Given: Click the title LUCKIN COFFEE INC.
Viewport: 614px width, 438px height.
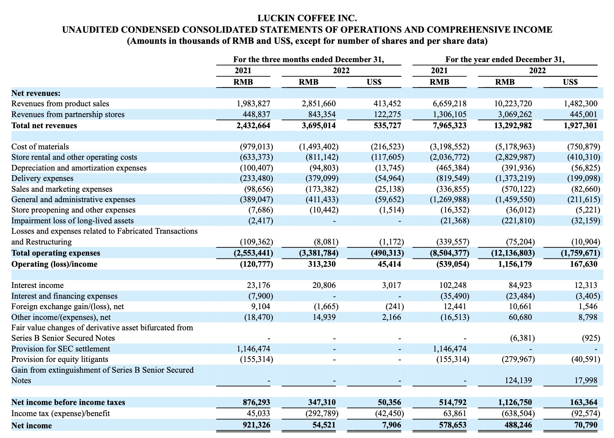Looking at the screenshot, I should (307, 18).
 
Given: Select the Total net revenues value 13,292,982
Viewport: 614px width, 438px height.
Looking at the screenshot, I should (511, 125).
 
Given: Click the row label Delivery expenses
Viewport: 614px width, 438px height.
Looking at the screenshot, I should (42, 178).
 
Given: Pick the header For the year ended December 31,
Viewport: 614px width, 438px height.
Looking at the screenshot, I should (505, 59).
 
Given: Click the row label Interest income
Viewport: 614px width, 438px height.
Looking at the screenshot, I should (37, 285).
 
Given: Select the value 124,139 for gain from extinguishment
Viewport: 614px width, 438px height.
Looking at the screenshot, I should (517, 380).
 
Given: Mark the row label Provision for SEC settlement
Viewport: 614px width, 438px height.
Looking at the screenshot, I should (61, 349).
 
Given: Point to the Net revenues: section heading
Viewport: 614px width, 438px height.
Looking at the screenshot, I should (36, 93).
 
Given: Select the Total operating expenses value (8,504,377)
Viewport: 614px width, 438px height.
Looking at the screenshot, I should (449, 253).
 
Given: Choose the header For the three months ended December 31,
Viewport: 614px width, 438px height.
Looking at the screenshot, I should (308, 59).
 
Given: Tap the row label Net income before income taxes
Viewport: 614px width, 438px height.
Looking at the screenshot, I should (68, 402).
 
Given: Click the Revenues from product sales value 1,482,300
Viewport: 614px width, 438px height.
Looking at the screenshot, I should (580, 104).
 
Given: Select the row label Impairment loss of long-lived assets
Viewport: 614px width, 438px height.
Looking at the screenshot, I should (73, 220).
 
